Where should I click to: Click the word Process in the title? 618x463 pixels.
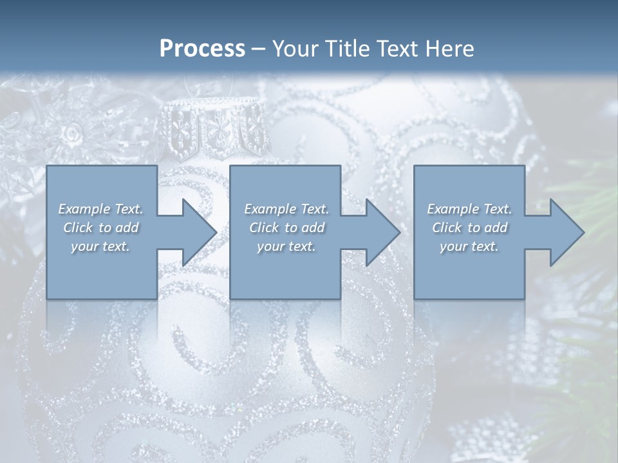click(x=202, y=49)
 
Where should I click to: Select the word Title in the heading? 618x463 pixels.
click(x=348, y=49)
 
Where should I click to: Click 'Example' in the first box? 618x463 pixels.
click(x=84, y=209)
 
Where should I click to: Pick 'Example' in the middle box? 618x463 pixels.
click(x=270, y=209)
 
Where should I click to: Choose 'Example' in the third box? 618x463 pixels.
click(x=453, y=209)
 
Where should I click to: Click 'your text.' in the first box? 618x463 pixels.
click(x=100, y=246)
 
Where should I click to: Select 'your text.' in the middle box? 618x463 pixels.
click(x=286, y=246)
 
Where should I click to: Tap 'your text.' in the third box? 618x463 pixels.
click(x=469, y=246)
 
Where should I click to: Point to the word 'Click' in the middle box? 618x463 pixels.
click(x=264, y=228)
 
